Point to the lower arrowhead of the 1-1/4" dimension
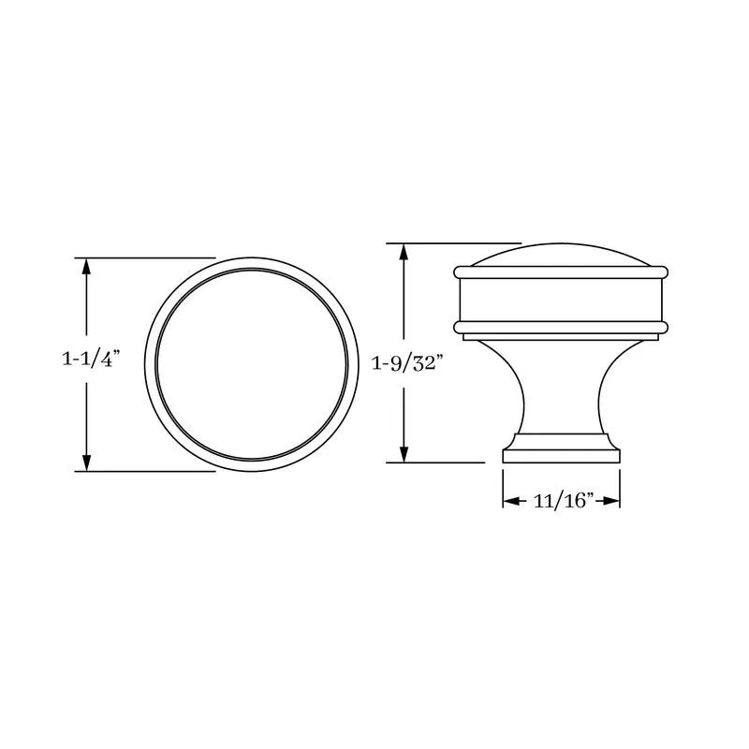point(86,463)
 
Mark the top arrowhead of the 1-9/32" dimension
point(404,251)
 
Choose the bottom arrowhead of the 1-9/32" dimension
point(404,454)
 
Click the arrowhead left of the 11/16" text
point(511,501)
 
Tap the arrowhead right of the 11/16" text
point(611,501)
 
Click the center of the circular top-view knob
point(252,364)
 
